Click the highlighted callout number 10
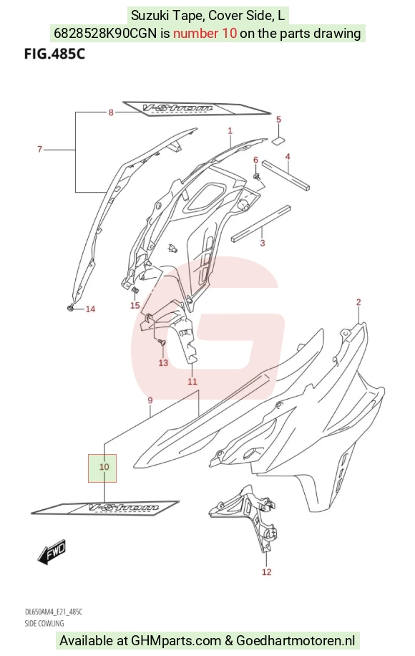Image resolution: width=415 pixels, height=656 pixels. point(104,467)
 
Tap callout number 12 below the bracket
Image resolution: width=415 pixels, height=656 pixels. point(267,572)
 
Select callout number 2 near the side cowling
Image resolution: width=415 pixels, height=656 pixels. point(358,302)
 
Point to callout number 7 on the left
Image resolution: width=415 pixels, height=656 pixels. point(39,149)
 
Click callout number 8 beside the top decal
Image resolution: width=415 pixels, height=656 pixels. point(111,112)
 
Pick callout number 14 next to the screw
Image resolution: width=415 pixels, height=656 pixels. point(90,309)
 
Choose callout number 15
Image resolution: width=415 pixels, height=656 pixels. point(135,305)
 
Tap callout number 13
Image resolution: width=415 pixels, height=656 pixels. point(163,362)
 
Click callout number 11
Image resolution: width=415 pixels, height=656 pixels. point(192,382)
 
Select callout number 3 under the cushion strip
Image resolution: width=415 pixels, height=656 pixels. point(263,243)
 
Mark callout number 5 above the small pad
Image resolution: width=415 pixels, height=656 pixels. point(279,120)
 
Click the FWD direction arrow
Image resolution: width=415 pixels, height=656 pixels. point(52,550)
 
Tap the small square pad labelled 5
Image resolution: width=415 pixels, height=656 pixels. point(278,140)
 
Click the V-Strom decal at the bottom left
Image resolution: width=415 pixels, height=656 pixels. point(105,508)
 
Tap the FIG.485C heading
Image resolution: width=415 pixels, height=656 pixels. point(54,54)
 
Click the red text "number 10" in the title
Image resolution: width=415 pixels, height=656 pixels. point(205,33)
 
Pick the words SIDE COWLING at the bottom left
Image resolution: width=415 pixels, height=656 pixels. point(44,623)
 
